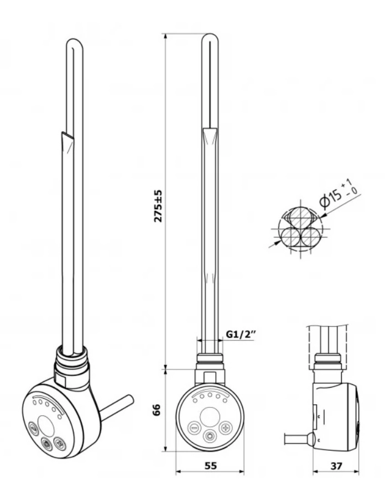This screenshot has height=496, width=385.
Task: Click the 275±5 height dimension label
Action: tap(158, 206)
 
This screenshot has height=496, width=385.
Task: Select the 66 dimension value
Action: tap(158, 410)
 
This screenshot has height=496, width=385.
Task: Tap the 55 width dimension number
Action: tap(211, 466)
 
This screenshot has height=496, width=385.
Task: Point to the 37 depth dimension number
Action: tap(336, 466)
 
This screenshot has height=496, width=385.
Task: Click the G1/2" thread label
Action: tap(241, 334)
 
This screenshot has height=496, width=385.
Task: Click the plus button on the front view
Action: tap(226, 429)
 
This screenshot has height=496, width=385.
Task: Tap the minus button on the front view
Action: tap(194, 429)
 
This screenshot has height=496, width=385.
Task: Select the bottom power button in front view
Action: tap(210, 437)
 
